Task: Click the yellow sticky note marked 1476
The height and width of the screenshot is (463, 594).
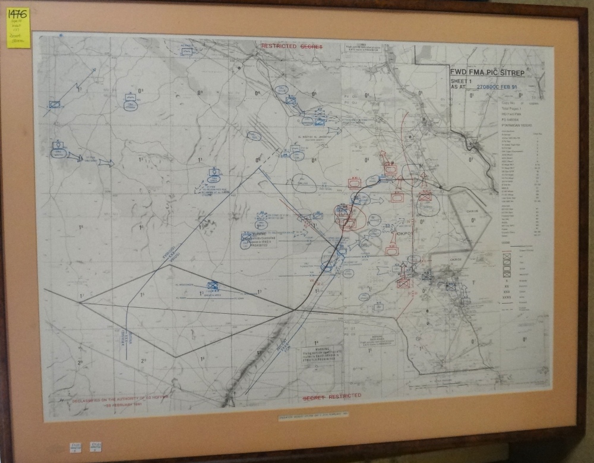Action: pyautogui.click(x=18, y=27)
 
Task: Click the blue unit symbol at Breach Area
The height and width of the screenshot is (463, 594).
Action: pyautogui.click(x=213, y=285)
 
